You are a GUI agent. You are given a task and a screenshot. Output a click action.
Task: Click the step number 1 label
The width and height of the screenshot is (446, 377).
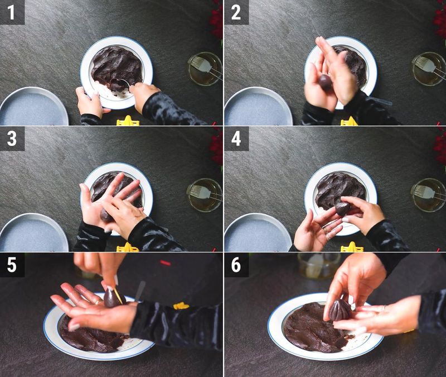12,12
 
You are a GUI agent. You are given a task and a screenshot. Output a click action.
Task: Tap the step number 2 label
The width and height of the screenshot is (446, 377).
236,12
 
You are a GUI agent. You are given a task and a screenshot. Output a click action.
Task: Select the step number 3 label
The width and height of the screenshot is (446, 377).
12,139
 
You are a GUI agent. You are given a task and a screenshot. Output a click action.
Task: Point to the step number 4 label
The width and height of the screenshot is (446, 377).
236,139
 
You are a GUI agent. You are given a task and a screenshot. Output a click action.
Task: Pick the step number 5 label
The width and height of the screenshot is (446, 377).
12,265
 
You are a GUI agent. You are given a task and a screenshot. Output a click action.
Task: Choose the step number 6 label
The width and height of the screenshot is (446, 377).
236,265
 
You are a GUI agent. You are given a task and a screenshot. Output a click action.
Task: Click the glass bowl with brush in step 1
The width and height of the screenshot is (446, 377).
205,69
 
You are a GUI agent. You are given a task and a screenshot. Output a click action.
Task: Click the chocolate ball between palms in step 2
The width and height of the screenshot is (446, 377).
326,83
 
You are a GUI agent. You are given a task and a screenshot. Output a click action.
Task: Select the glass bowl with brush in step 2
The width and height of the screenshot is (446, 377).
429,69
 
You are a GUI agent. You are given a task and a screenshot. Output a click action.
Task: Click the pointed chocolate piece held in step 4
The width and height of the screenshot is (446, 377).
342,208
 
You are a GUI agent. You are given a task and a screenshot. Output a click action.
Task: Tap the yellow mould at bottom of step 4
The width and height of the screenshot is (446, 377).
351,247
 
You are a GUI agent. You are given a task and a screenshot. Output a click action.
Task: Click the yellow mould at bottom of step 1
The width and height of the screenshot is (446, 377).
128,121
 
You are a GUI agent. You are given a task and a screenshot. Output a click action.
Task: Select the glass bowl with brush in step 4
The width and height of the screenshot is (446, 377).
428,194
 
